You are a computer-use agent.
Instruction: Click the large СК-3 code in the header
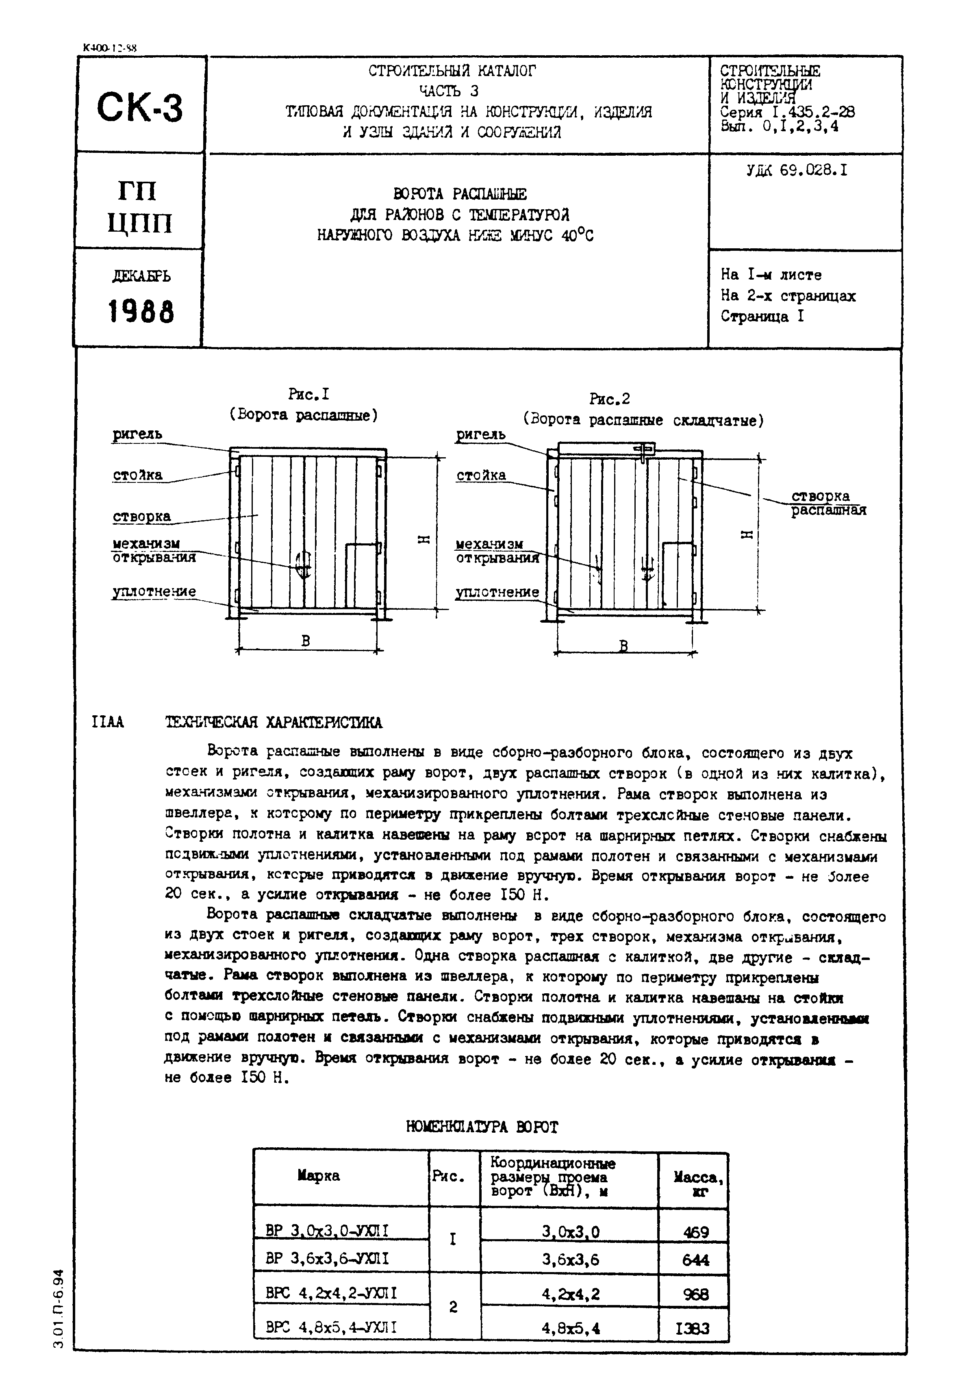[139, 108]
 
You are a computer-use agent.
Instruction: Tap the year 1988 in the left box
[141, 312]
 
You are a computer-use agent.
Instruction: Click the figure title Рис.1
[308, 395]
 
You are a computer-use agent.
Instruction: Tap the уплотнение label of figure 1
[154, 591]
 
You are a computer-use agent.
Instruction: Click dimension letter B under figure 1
[306, 641]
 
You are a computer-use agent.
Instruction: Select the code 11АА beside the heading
[108, 722]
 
